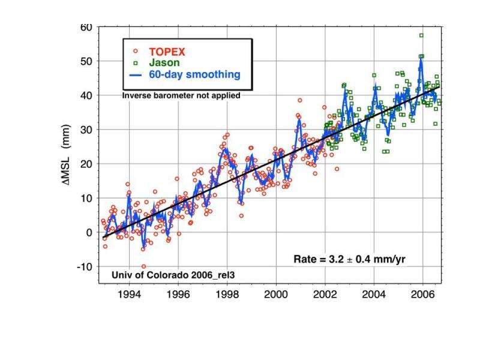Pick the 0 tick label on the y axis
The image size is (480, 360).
[88, 232]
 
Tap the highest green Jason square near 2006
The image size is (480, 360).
[421, 35]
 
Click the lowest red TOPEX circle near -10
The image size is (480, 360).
[143, 266]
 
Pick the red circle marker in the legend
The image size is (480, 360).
[136, 51]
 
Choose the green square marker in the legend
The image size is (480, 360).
[136, 62]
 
